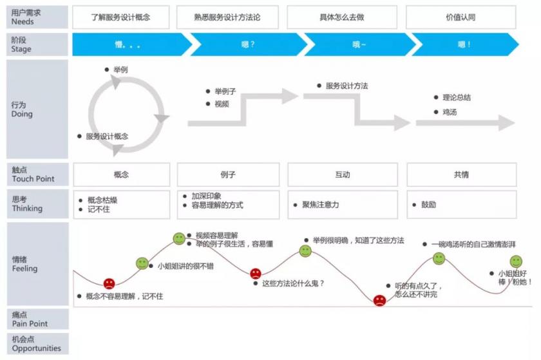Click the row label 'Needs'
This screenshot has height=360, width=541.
click(23, 21)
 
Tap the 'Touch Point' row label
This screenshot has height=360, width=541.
click(33, 179)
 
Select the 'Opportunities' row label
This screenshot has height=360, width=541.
click(36, 348)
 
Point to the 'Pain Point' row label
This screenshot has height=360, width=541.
click(30, 323)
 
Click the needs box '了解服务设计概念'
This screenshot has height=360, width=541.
click(121, 17)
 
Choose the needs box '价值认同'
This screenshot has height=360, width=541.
click(461, 17)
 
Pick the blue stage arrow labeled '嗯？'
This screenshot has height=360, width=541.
click(249, 44)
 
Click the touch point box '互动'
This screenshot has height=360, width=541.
click(343, 175)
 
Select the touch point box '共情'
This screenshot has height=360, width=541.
click(462, 175)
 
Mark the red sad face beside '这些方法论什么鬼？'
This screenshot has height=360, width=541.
click(256, 274)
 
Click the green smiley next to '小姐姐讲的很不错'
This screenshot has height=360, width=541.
click(142, 263)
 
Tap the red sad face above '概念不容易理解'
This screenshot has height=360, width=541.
click(109, 284)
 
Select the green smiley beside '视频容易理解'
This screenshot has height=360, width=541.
click(179, 238)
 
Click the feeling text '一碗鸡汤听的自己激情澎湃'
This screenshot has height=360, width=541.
click(473, 244)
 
